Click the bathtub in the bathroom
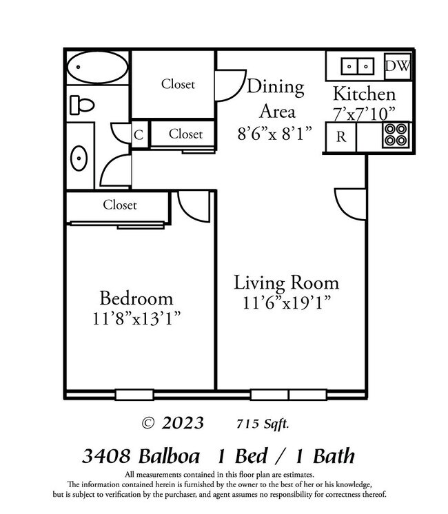click(x=97, y=68)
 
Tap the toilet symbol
click(x=81, y=105)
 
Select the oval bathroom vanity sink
click(x=79, y=158)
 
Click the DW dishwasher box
click(x=397, y=66)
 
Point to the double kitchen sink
click(x=357, y=67)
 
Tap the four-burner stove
click(x=396, y=136)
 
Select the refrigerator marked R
click(x=340, y=136)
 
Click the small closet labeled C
click(x=139, y=134)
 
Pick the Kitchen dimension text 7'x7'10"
click(x=365, y=112)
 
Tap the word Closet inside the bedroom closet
click(x=120, y=205)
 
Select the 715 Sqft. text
click(x=263, y=423)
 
